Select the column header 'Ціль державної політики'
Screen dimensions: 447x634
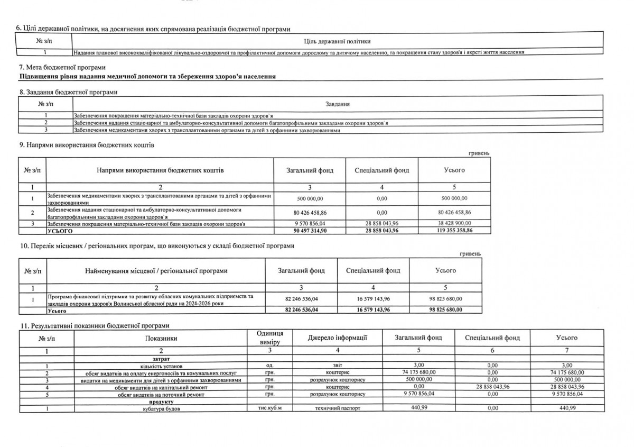338,41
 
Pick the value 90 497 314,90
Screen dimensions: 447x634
309,231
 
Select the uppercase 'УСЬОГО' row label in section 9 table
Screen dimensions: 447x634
60,231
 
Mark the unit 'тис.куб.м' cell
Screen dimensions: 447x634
269,409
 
